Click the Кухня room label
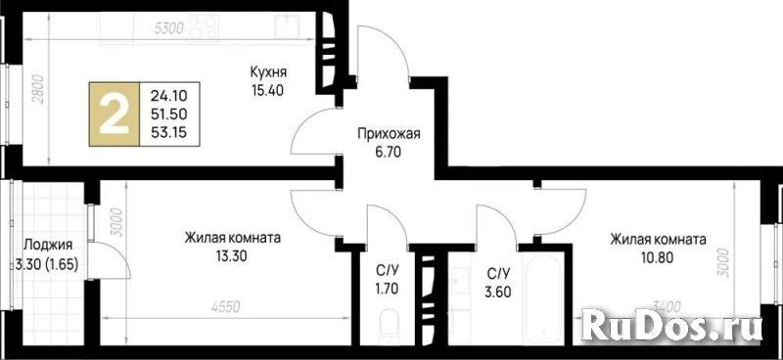pos(268,73)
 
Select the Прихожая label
pos(389,133)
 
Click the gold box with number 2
pos(115,113)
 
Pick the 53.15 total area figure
pos(170,132)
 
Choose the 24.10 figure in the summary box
pos(170,96)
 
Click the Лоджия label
pos(48,246)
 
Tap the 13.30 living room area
pos(232,256)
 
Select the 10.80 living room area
pos(658,257)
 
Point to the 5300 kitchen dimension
pos(168,28)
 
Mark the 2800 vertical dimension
pos(39,89)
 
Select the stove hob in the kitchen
pos(203,28)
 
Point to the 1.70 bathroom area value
pos(388,289)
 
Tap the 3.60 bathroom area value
pos(498,292)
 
